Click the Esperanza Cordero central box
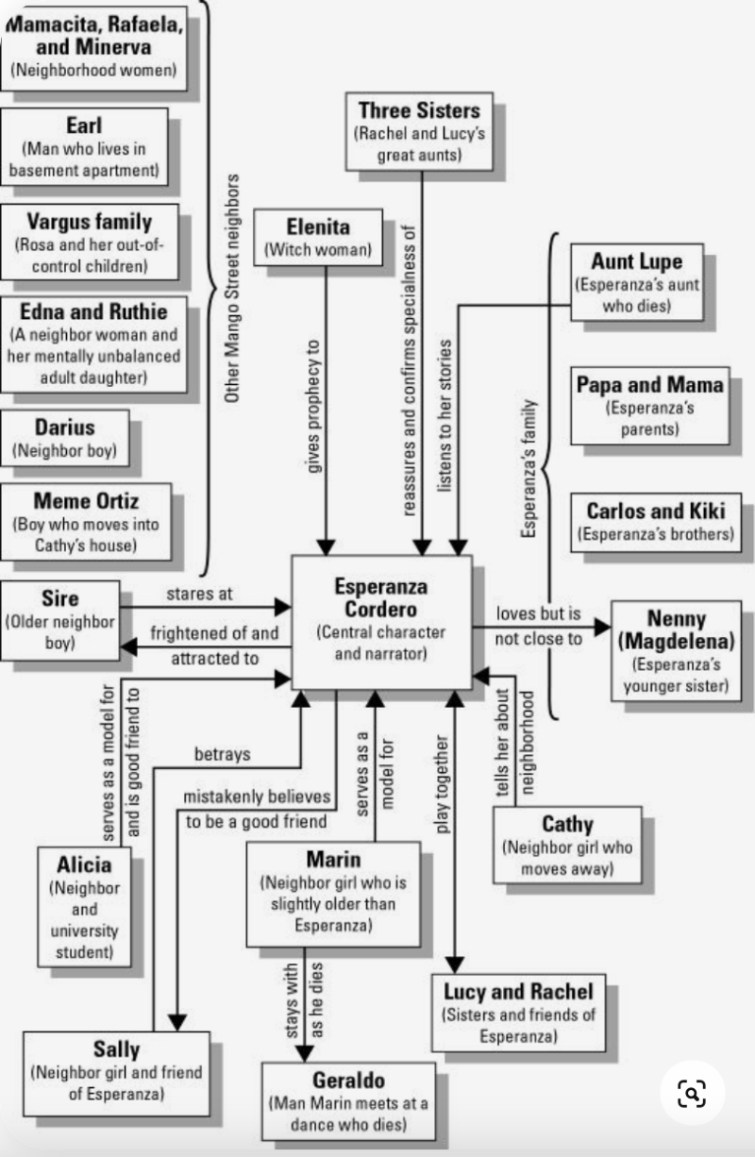[x=381, y=621]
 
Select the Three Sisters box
[x=419, y=131]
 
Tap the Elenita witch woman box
[x=318, y=237]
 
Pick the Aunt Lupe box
[x=636, y=282]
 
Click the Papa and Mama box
[x=650, y=405]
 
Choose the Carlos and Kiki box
[x=656, y=522]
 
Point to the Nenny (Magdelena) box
[x=677, y=650]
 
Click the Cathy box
[x=567, y=845]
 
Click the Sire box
[x=60, y=620]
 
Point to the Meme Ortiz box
[x=86, y=522]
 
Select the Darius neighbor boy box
[x=65, y=437]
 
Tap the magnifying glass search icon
[x=692, y=1094]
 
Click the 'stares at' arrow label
[x=199, y=595]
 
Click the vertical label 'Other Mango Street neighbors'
[x=232, y=288]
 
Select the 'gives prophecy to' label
[x=314, y=406]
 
